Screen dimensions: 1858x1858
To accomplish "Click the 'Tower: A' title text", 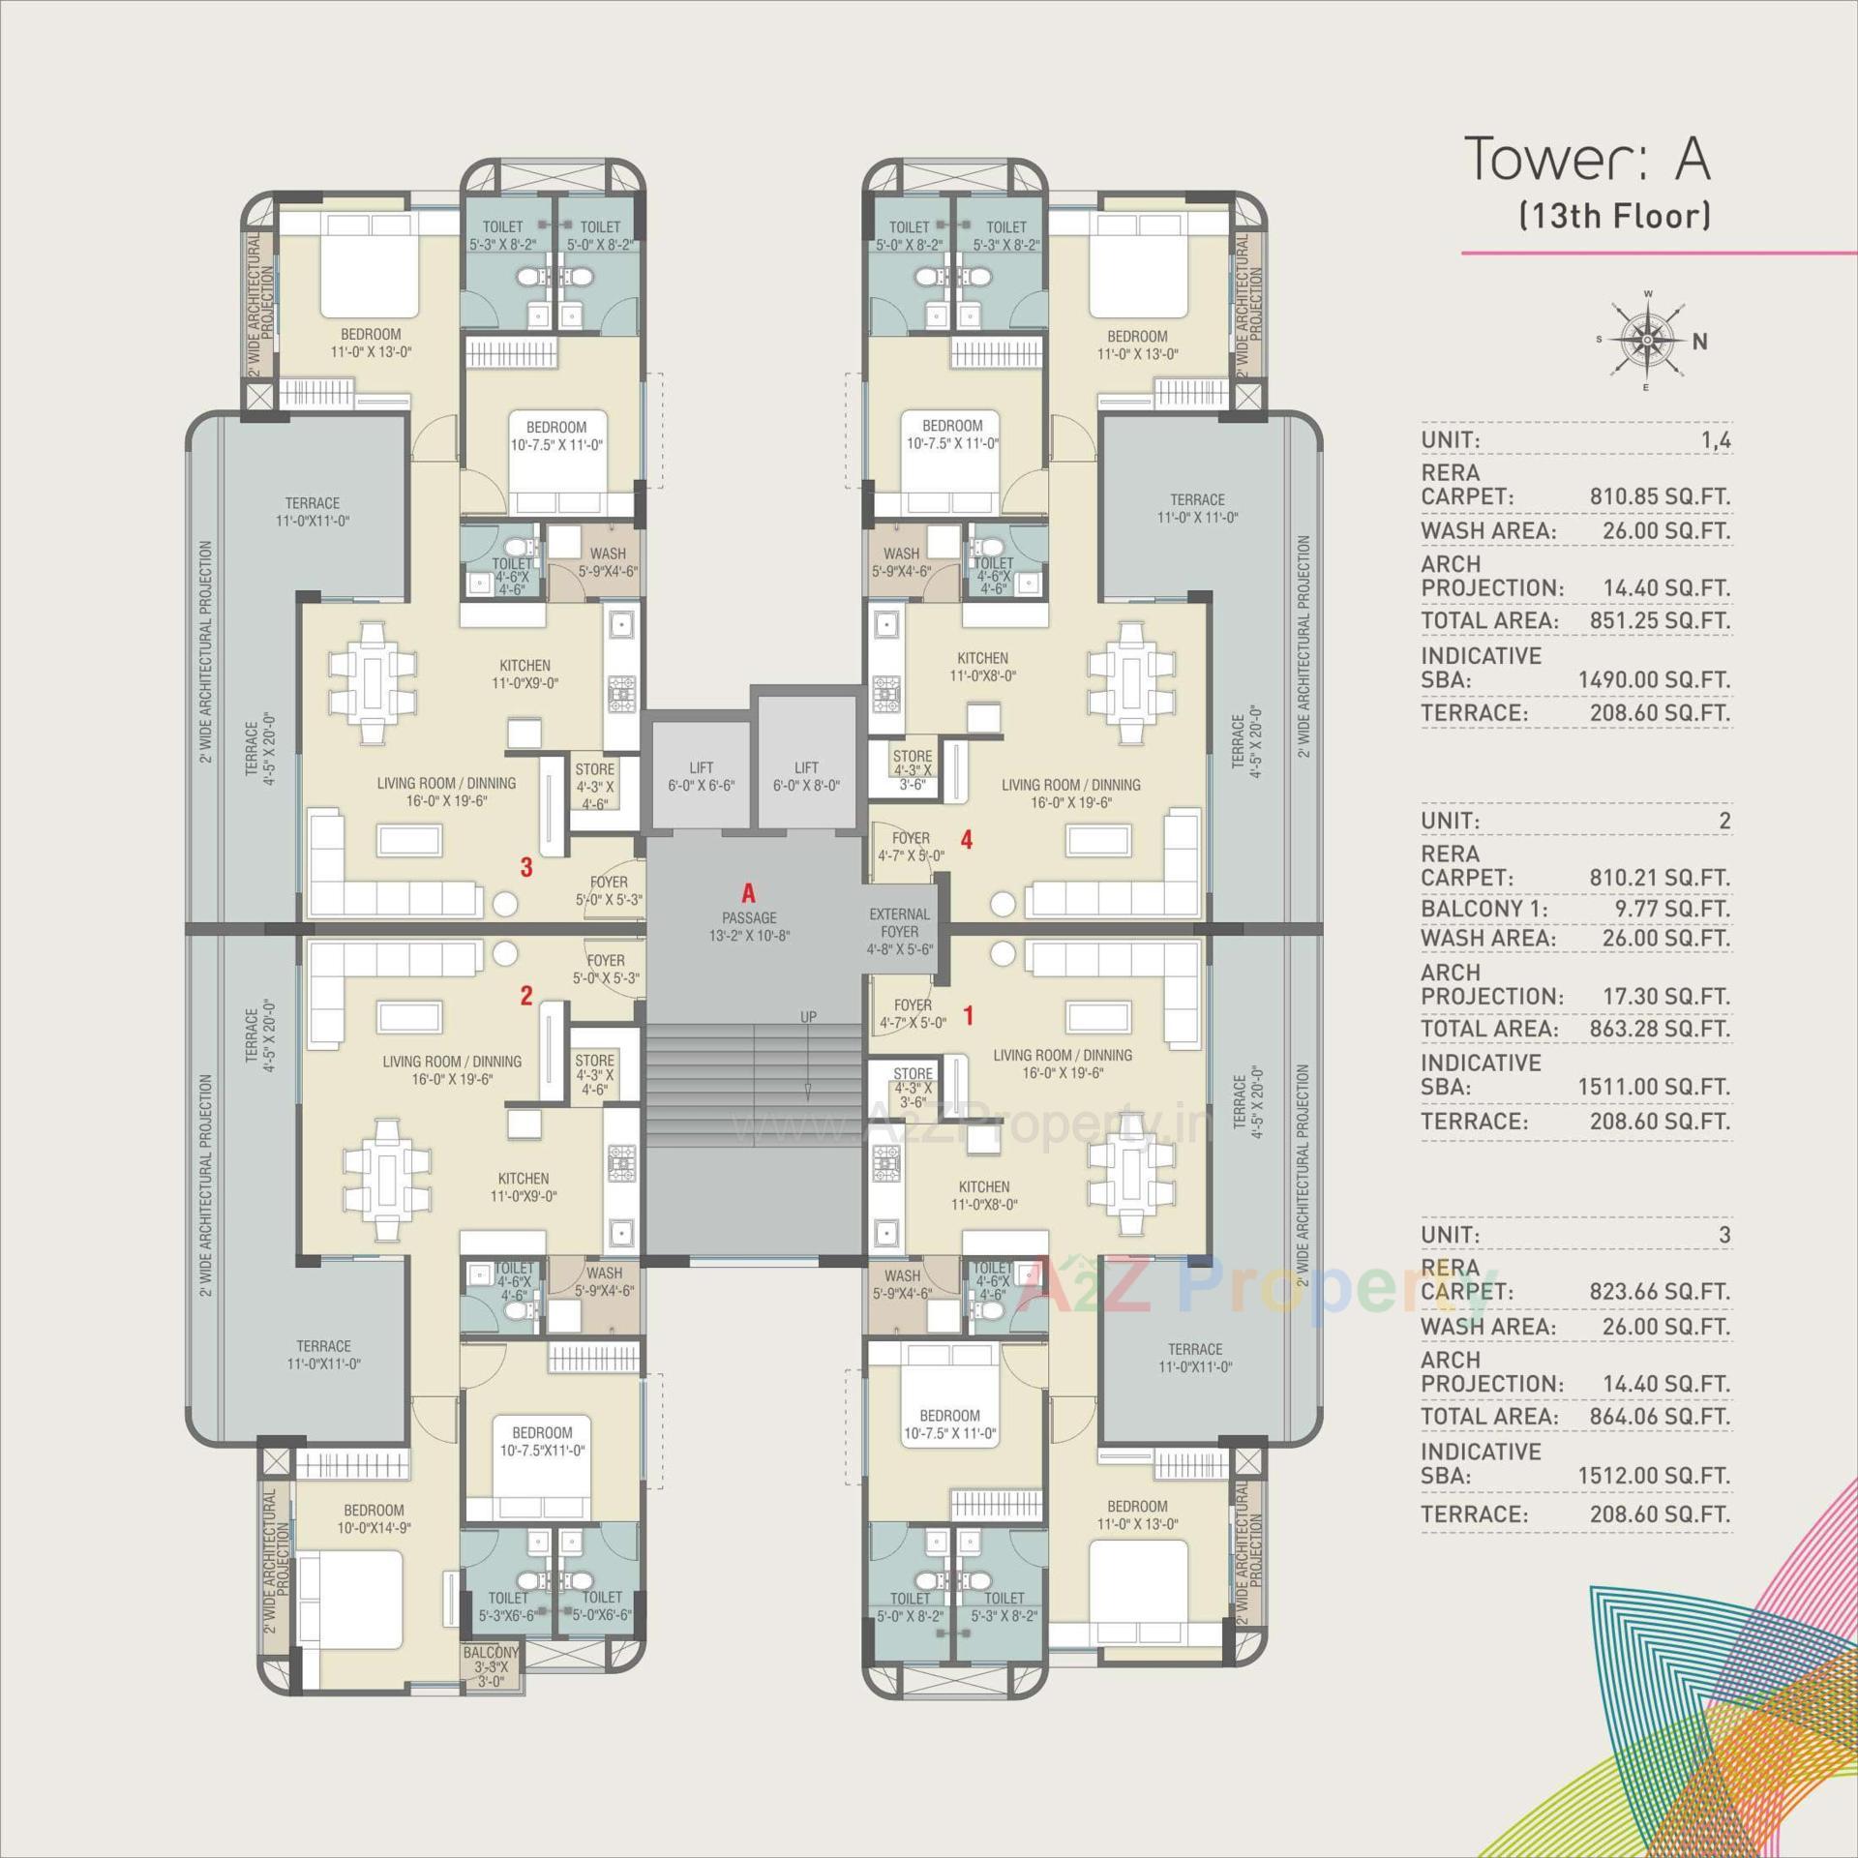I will click(1587, 159).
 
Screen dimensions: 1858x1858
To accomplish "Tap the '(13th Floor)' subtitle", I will click(1614, 215).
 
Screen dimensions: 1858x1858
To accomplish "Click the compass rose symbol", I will click(1646, 340).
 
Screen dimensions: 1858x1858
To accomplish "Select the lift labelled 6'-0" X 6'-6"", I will click(701, 776).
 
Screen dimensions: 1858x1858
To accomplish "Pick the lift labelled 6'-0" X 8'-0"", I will click(806, 776).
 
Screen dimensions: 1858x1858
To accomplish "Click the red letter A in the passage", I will click(747, 893).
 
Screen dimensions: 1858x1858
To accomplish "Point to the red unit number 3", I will click(526, 867).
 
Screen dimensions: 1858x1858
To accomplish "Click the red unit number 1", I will click(969, 1015).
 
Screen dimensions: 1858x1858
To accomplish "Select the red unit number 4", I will click(966, 840).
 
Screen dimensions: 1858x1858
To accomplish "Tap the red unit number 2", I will click(526, 995).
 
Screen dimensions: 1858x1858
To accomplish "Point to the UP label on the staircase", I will click(808, 1017).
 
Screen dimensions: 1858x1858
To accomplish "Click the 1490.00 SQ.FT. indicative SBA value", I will click(1654, 679).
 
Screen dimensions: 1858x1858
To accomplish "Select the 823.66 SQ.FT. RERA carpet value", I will click(1659, 1291).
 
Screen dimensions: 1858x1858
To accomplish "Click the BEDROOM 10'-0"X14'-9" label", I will click(374, 1518).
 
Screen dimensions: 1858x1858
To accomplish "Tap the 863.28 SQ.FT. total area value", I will click(1659, 1028).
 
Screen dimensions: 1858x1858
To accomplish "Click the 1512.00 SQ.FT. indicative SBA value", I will click(1654, 1476).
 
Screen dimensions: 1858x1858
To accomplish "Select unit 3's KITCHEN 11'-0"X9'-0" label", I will click(524, 674).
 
